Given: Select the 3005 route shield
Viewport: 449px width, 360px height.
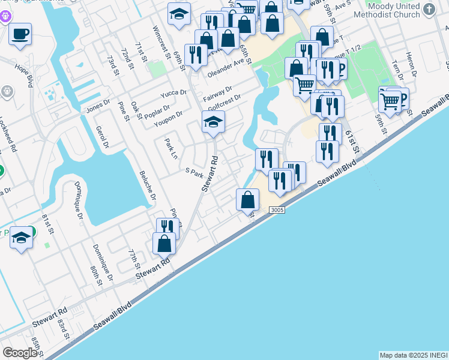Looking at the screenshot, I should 277,209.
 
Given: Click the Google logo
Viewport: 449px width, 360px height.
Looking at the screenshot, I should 20,352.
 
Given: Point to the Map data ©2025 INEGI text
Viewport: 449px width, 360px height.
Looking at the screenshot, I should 413,355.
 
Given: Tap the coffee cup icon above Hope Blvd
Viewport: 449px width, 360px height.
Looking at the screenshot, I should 20,34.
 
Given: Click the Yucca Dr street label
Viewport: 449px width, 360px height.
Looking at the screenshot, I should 173,93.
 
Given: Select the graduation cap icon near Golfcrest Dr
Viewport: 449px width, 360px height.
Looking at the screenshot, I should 213,122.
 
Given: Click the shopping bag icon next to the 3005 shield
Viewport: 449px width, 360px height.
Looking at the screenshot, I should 247,199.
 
